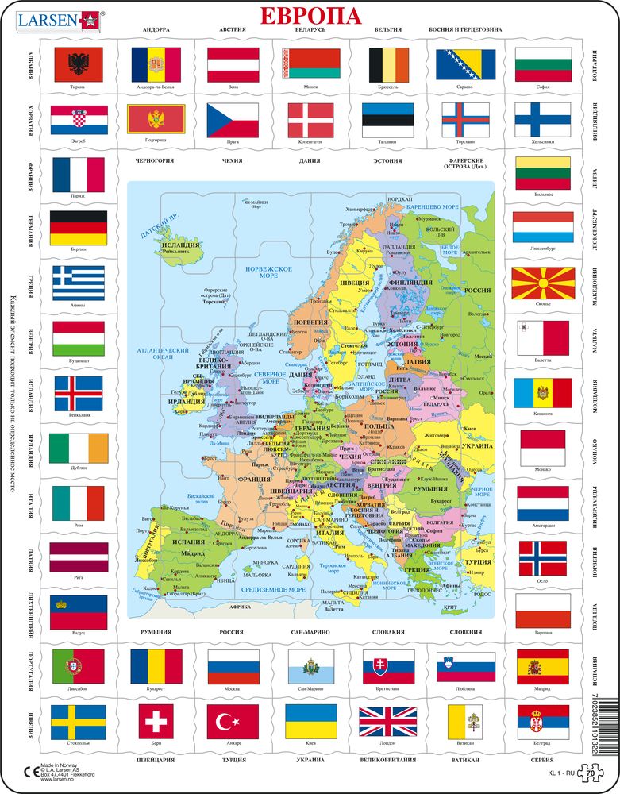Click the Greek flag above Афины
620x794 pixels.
coord(78,283)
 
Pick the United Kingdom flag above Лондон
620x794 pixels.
coord(387,721)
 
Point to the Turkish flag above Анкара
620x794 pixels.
coord(233,721)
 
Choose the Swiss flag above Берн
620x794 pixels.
coord(156,721)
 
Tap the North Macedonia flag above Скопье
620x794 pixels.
coord(543,283)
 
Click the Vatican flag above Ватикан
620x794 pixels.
coord(466,721)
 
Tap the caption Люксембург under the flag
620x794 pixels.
coord(543,249)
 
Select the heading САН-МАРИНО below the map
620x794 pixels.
coord(310,632)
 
